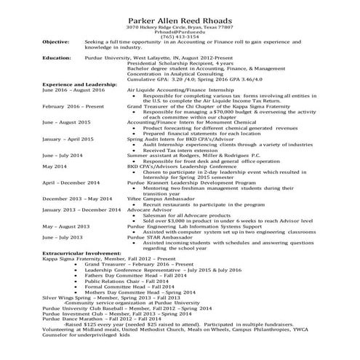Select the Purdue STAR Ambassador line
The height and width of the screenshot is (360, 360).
tap(160, 236)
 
